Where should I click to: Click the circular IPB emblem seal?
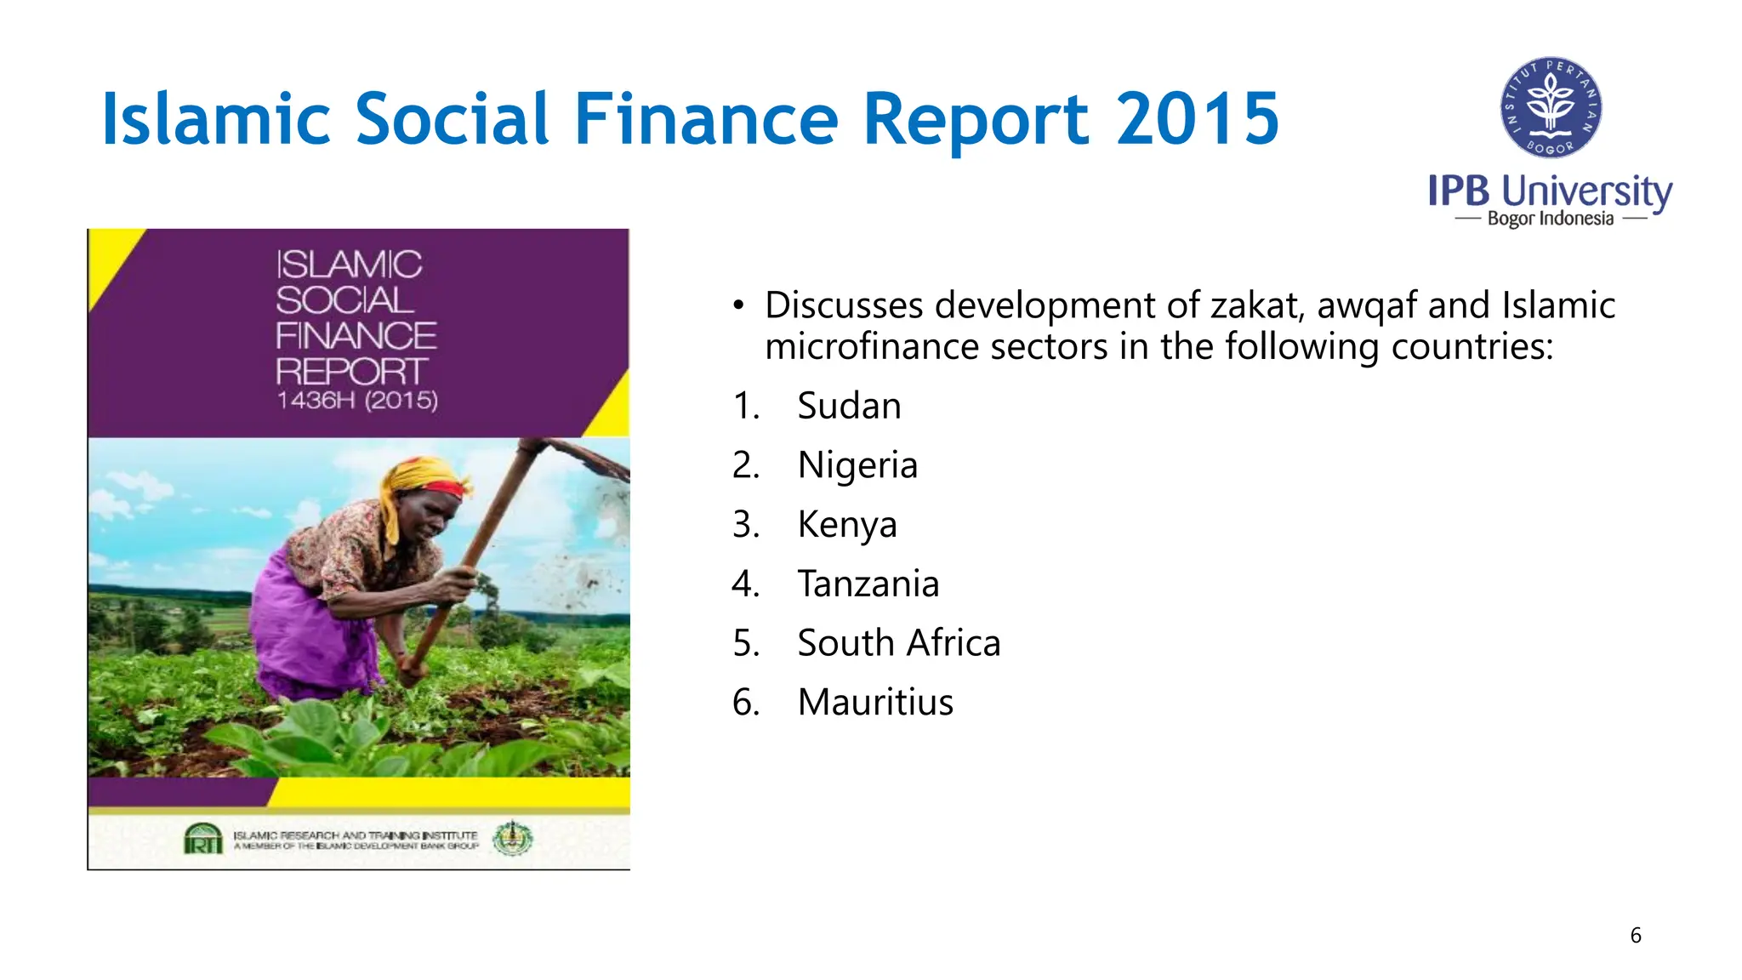(1551, 108)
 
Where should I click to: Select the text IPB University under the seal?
(1550, 191)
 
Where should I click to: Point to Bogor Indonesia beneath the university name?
(1550, 219)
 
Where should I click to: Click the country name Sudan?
(849, 406)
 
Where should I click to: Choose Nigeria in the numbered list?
(857, 465)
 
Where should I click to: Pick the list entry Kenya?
(847, 525)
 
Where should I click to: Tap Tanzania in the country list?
(868, 584)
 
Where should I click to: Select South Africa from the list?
(899, 643)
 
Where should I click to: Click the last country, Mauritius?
(875, 703)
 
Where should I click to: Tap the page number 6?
(1635, 936)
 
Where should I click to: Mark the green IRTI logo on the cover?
(203, 839)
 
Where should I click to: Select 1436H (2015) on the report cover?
(357, 401)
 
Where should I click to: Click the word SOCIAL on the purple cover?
(344, 300)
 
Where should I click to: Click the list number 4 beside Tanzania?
(745, 584)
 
